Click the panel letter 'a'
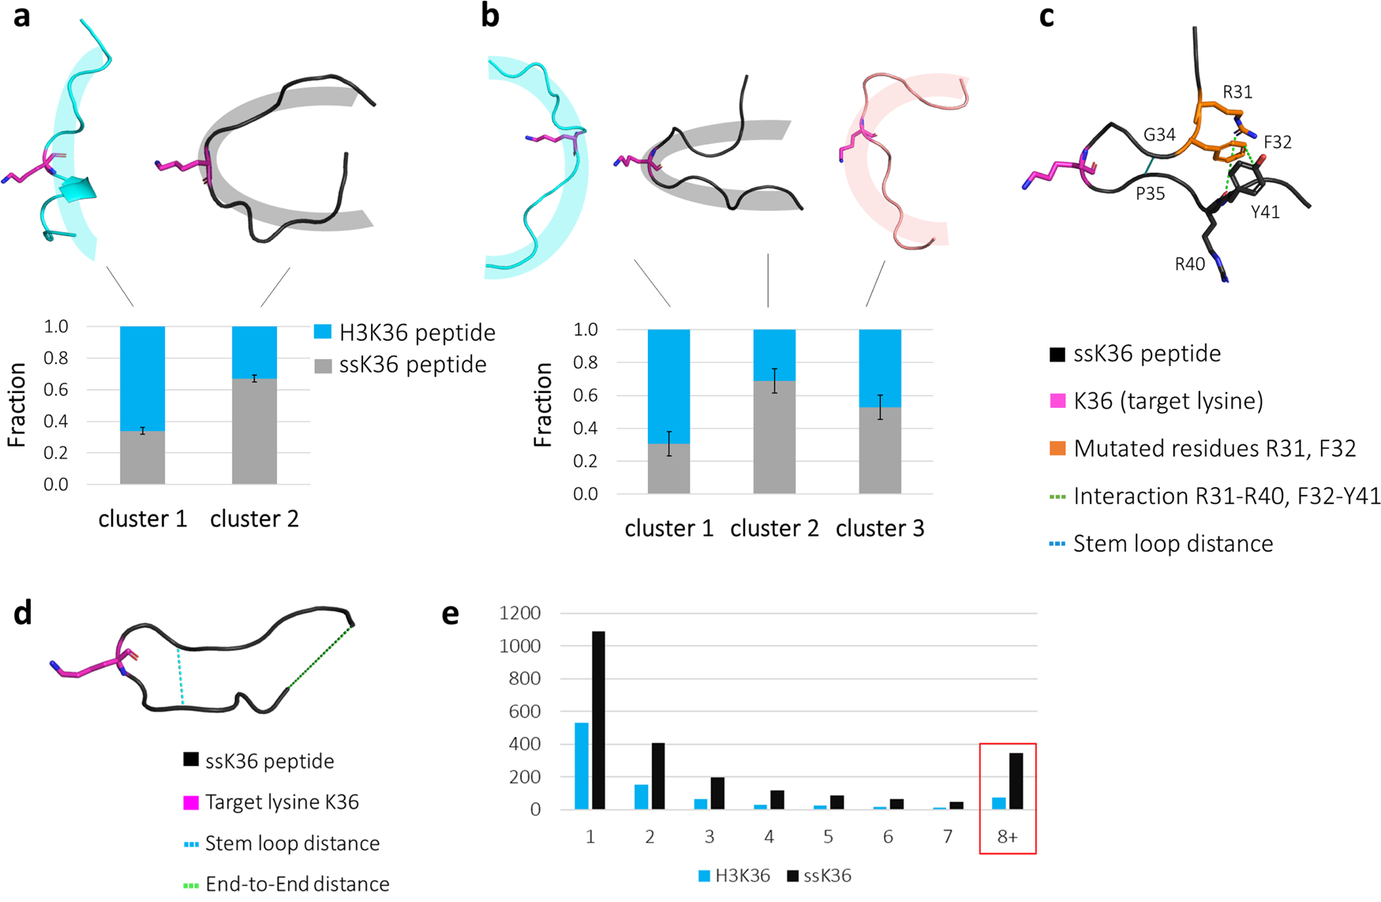coord(21,16)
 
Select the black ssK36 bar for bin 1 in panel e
coord(597,720)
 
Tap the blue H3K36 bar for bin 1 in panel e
coord(582,765)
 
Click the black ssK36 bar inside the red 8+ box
coord(1016,780)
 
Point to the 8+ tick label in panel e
coord(1007,837)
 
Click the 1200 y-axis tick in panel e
coord(520,613)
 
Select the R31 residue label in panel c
coord(1237,92)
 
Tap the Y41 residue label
coord(1265,211)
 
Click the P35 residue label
coord(1150,193)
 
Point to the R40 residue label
coord(1189,264)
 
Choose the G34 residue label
coord(1159,135)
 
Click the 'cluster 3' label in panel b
coord(879,528)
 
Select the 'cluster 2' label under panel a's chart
coord(254,518)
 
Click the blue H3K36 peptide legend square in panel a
coord(323,332)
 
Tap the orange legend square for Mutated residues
coord(1057,448)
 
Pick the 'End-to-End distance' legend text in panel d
coord(297,884)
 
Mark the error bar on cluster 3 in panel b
coord(880,407)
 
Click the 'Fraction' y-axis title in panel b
coord(543,405)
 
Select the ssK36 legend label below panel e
coord(827,875)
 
